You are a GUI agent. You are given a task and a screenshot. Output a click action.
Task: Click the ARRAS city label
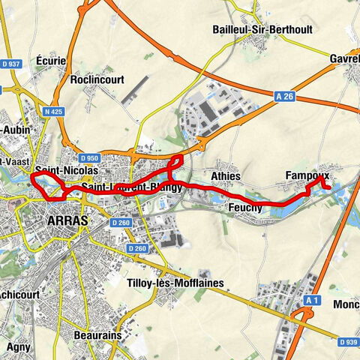coord(67,220)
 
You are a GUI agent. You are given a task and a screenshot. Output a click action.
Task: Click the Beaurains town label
coord(97,335)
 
